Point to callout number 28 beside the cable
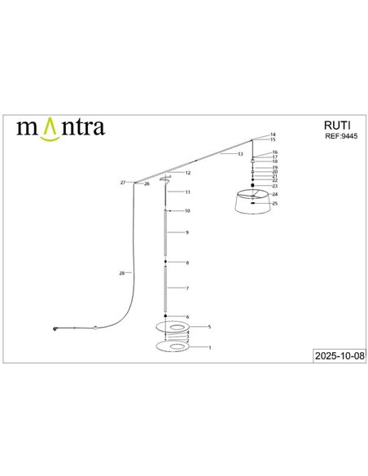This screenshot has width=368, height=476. click(x=121, y=273)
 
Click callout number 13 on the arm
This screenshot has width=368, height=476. click(x=240, y=154)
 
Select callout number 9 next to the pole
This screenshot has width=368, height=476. click(x=187, y=233)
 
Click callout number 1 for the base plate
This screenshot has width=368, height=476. click(x=210, y=348)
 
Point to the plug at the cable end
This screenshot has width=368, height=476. click(x=55, y=328)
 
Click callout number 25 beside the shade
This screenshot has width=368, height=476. click(x=276, y=203)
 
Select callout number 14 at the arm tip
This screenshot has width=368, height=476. click(x=274, y=134)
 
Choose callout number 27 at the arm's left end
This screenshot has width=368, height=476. click(x=123, y=183)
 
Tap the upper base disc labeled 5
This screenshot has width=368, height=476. click(x=173, y=327)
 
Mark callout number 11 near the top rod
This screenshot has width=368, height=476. click(x=187, y=192)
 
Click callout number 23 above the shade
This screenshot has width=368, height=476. click(x=275, y=186)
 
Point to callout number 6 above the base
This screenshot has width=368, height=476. click(x=187, y=316)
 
